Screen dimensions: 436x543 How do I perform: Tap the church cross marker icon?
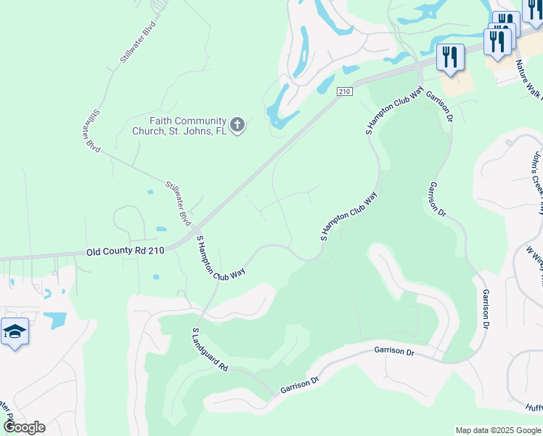point(237,126)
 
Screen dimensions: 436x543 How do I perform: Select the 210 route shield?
point(344,91)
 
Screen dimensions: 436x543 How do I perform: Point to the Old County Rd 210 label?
point(126,251)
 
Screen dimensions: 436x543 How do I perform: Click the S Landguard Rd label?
point(209,350)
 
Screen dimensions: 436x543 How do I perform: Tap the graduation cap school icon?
point(15,332)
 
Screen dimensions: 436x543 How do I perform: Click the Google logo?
point(24,427)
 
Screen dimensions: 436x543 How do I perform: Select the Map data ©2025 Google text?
point(498,430)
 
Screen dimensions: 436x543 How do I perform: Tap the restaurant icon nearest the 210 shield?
point(450,57)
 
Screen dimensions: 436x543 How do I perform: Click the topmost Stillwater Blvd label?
point(139,43)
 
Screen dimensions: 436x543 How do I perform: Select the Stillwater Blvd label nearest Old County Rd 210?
point(177,203)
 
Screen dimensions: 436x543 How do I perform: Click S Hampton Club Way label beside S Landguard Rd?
point(221,258)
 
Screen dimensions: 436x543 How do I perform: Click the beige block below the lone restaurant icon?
point(456,84)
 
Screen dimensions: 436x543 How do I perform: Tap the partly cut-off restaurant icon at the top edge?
point(534,9)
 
